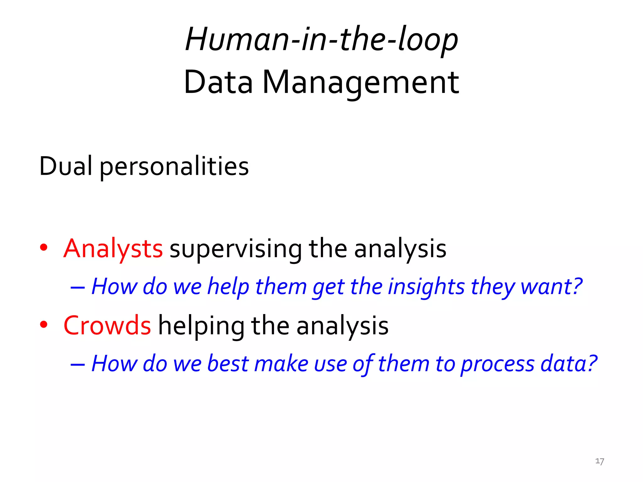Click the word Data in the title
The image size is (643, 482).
coord(218,82)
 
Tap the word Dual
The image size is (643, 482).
coord(66,166)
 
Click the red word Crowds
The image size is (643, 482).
coord(107,326)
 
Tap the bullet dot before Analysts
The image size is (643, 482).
coord(44,247)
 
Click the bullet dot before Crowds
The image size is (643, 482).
coord(44,324)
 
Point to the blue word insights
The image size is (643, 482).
coord(426,287)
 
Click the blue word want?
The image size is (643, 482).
coord(551,287)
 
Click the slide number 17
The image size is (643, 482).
coord(599,461)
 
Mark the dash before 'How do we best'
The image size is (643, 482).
coord(78,364)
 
